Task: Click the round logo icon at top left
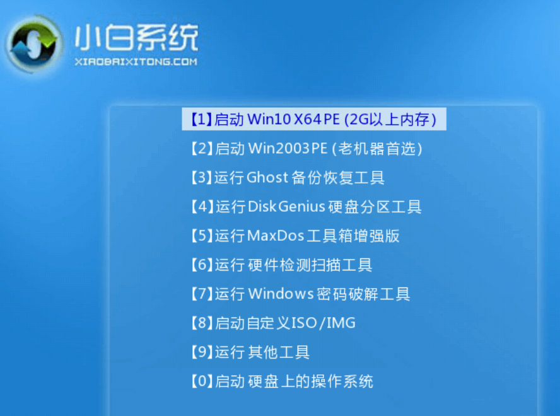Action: pos(33,43)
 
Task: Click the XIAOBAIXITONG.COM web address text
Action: pos(136,62)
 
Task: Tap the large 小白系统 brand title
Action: pos(136,37)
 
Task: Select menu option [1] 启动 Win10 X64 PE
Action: pos(314,119)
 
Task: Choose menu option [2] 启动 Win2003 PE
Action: pos(306,148)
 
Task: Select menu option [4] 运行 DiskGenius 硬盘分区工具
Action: pos(306,207)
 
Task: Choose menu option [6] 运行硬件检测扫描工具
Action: pos(281,265)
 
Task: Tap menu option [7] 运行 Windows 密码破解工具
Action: pos(300,294)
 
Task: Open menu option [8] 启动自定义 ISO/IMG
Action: pos(273,323)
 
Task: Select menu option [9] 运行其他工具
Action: pos(250,352)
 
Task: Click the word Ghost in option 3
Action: pos(267,178)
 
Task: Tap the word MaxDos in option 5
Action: pos(276,236)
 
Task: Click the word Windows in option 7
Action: pos(281,294)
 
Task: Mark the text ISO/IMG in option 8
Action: pos(324,323)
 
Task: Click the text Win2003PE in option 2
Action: pos(288,148)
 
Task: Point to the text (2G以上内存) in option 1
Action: pos(390,119)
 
